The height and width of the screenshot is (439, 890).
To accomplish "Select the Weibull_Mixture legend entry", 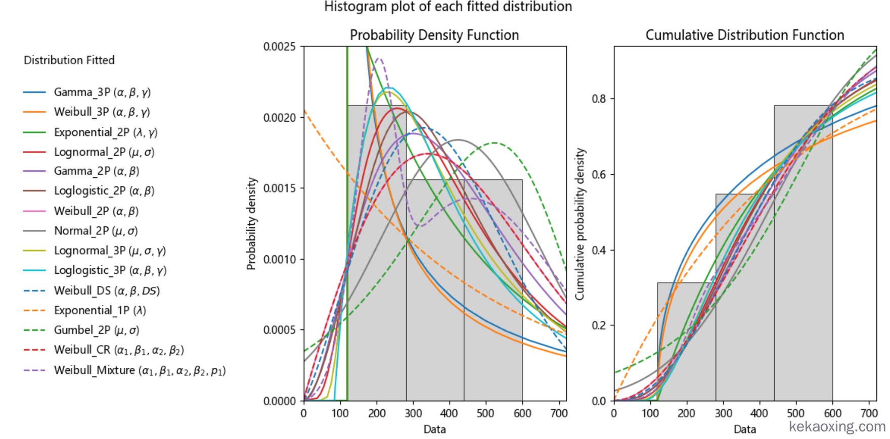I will click(140, 370).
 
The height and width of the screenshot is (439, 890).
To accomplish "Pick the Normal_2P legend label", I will click(96, 231).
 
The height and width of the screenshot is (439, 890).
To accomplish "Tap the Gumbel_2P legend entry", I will click(97, 330).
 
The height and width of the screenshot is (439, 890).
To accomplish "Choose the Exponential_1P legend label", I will click(100, 311).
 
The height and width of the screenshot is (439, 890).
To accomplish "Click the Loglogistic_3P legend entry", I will click(110, 271).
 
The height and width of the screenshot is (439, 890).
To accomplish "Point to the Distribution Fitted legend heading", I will click(69, 60).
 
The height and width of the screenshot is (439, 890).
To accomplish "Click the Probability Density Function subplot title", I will click(434, 35).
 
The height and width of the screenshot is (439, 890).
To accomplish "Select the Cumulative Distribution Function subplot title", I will click(744, 35).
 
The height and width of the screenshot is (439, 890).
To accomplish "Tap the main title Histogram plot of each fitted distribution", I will click(448, 7).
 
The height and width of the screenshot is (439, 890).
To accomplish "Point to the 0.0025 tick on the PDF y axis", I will click(279, 47).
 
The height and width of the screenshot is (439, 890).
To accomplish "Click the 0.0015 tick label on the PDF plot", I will click(279, 188).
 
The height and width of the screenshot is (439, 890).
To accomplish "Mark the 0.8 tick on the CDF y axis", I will click(599, 99).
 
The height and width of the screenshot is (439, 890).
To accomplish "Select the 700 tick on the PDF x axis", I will click(559, 414).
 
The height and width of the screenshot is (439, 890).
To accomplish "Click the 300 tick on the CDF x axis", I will click(723, 414).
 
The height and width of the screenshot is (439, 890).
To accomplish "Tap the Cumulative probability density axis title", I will click(580, 224).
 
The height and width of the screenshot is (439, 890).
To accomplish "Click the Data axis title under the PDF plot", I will click(434, 429).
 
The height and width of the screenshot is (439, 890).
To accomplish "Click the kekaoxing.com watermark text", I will click(837, 426).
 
